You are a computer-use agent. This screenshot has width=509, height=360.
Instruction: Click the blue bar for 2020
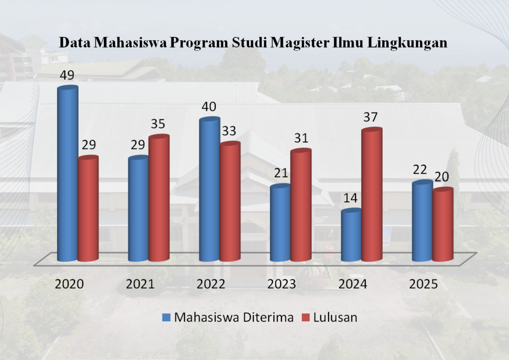(68, 174)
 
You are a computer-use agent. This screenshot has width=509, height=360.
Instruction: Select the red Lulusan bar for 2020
(88, 209)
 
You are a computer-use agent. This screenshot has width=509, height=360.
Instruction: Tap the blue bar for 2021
(138, 209)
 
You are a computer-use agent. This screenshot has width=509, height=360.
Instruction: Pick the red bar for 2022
(230, 201)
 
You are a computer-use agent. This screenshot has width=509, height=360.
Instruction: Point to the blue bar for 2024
(351, 235)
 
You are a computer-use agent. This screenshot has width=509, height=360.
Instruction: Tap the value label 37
(371, 117)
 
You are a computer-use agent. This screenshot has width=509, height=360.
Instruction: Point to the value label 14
(350, 198)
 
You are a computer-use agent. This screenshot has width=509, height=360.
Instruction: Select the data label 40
(209, 107)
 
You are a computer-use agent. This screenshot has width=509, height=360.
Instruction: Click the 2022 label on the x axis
(211, 284)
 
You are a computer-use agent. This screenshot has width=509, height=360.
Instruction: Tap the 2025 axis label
(423, 284)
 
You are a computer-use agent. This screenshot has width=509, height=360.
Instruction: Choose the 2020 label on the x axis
(69, 284)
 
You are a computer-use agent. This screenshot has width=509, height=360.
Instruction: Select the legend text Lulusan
(335, 317)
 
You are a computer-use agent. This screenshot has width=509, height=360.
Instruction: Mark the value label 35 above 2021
(159, 124)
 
